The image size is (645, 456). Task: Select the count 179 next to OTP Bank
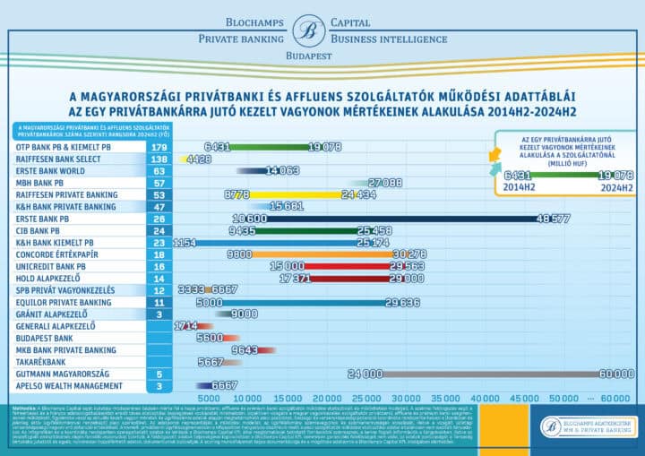(x=159, y=147)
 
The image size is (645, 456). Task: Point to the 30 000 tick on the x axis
(x=406, y=397)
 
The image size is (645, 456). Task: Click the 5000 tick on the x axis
(x=209, y=397)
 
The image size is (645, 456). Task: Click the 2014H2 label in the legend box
(x=520, y=189)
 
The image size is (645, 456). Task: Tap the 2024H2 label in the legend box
(x=616, y=189)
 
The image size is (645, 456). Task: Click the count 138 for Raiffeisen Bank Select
(x=159, y=159)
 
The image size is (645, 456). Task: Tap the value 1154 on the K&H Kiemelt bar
(x=185, y=242)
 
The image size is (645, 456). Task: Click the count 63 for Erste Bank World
(x=159, y=170)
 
